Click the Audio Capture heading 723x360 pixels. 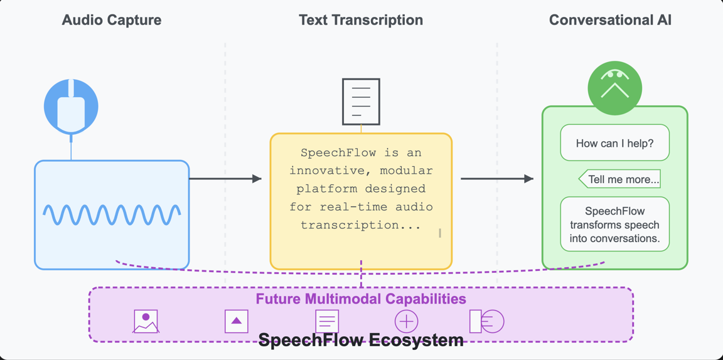[x=111, y=20]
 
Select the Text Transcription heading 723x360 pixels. [x=361, y=20]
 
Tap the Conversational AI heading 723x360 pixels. [x=610, y=20]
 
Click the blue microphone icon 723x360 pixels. [x=71, y=106]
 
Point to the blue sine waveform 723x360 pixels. [x=112, y=214]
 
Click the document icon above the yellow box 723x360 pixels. [x=361, y=102]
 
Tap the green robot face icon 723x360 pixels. [x=614, y=88]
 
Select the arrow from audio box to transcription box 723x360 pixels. [x=225, y=179]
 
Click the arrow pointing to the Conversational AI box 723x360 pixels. [x=497, y=179]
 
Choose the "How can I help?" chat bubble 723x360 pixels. [x=614, y=143]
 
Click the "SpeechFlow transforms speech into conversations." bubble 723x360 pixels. [x=614, y=225]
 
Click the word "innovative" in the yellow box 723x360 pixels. [x=327, y=171]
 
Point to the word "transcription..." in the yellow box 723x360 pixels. [x=360, y=225]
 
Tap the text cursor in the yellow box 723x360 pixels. [x=440, y=233]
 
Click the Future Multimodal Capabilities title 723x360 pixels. [x=361, y=299]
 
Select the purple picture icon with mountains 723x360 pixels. [x=146, y=322]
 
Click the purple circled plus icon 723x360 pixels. [x=406, y=322]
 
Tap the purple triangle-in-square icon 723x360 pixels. [x=237, y=322]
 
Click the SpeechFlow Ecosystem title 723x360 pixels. [x=361, y=341]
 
